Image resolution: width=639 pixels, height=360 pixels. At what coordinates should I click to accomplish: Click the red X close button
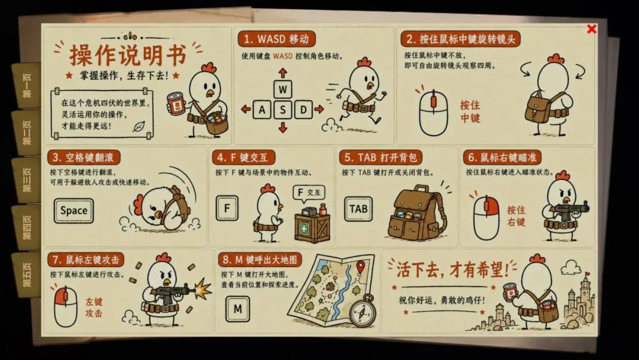point(592,29)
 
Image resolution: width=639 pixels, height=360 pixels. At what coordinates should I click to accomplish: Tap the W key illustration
point(283,89)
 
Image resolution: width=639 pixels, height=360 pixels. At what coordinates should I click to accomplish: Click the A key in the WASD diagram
point(262,110)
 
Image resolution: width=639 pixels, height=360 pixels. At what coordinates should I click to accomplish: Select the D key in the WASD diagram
point(304,110)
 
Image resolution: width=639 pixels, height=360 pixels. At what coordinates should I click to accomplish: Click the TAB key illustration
point(358,209)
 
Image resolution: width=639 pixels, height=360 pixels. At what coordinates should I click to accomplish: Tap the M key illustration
point(238,308)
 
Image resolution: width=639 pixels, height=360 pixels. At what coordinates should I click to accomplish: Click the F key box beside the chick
point(227,208)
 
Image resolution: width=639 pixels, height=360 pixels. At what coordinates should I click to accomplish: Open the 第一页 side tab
point(27,86)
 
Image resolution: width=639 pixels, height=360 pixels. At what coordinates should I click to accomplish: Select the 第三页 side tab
point(27,180)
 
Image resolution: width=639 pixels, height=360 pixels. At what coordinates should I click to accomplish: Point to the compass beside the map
point(363,311)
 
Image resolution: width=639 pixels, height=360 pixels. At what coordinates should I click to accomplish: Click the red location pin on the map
point(360,268)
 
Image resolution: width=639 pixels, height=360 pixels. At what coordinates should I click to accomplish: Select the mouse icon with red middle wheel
point(434,112)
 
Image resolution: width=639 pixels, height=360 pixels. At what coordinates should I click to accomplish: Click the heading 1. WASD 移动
point(276,39)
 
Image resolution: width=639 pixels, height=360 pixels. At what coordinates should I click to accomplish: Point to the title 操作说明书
point(128,55)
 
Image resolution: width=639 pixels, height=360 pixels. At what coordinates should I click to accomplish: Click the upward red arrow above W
point(283,73)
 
